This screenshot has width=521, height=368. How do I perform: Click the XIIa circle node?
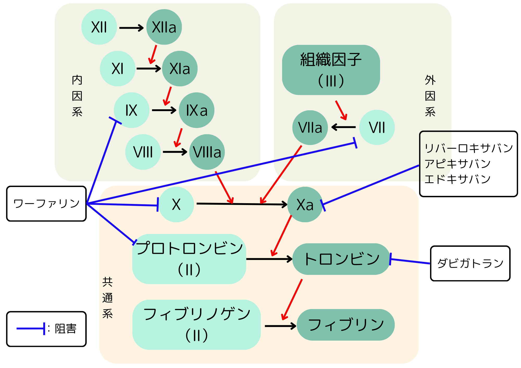tap(164, 27)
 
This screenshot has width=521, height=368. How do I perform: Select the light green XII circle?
tap(99, 27)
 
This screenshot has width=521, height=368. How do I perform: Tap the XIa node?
tap(180, 69)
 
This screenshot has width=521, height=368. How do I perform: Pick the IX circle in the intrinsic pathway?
tap(132, 110)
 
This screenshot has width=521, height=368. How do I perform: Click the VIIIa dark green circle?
tap(207, 152)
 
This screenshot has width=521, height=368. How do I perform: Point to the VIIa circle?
tap(310, 128)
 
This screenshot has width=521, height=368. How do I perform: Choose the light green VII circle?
tap(377, 128)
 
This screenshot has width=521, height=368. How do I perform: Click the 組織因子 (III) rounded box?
tap(331, 70)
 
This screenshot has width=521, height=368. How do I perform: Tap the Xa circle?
tap(305, 204)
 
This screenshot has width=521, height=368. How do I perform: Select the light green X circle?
tap(176, 204)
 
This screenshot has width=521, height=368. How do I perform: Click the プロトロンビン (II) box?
tap(189, 259)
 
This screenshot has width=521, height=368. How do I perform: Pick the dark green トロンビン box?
tap(341, 259)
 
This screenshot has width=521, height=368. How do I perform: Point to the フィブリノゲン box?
tap(196, 324)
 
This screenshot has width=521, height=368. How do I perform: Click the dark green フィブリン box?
tap(346, 325)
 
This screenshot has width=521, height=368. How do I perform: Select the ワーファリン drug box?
tap(46, 204)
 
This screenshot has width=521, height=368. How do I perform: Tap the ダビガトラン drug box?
tap(470, 263)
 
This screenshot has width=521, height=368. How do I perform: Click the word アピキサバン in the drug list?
tap(457, 164)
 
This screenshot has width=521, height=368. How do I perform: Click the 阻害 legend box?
tap(46, 329)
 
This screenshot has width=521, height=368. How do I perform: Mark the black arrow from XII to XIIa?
tap(132, 28)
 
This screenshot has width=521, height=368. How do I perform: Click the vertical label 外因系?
tap(430, 96)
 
